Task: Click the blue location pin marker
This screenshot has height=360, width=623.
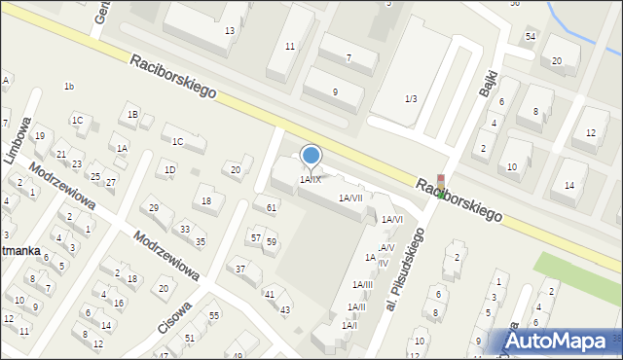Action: [x=311, y=156]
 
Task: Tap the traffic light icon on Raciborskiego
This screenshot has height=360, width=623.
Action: [x=441, y=187]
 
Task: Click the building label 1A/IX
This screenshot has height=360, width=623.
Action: [x=311, y=179]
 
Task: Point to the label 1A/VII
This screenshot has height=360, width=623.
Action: [x=350, y=198]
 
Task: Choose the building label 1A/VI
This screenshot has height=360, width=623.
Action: [x=391, y=220]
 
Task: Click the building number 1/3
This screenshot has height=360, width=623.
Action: [x=411, y=98]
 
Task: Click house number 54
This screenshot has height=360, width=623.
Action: [x=531, y=36]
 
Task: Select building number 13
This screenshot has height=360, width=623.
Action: [x=230, y=31]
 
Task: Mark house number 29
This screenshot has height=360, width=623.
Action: [x=154, y=208]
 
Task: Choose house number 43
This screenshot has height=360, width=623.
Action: [x=285, y=310]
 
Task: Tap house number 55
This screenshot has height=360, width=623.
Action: [x=214, y=316]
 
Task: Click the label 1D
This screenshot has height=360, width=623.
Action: [x=170, y=169]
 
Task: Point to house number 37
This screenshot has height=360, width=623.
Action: [x=239, y=269]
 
